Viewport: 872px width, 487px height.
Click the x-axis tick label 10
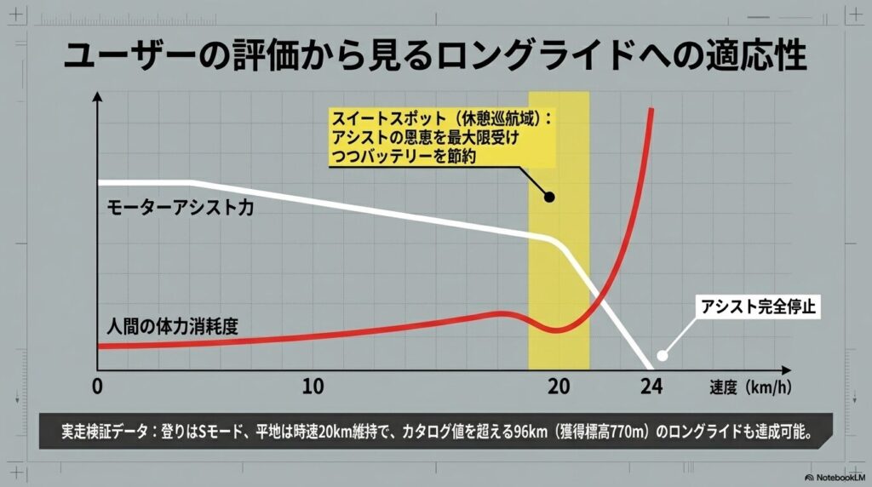click(x=313, y=386)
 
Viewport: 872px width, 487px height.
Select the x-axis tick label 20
click(x=559, y=386)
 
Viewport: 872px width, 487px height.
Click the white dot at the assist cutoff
click(x=662, y=357)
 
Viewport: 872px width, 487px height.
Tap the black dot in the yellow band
click(x=549, y=198)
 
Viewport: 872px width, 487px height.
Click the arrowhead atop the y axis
click(x=98, y=100)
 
